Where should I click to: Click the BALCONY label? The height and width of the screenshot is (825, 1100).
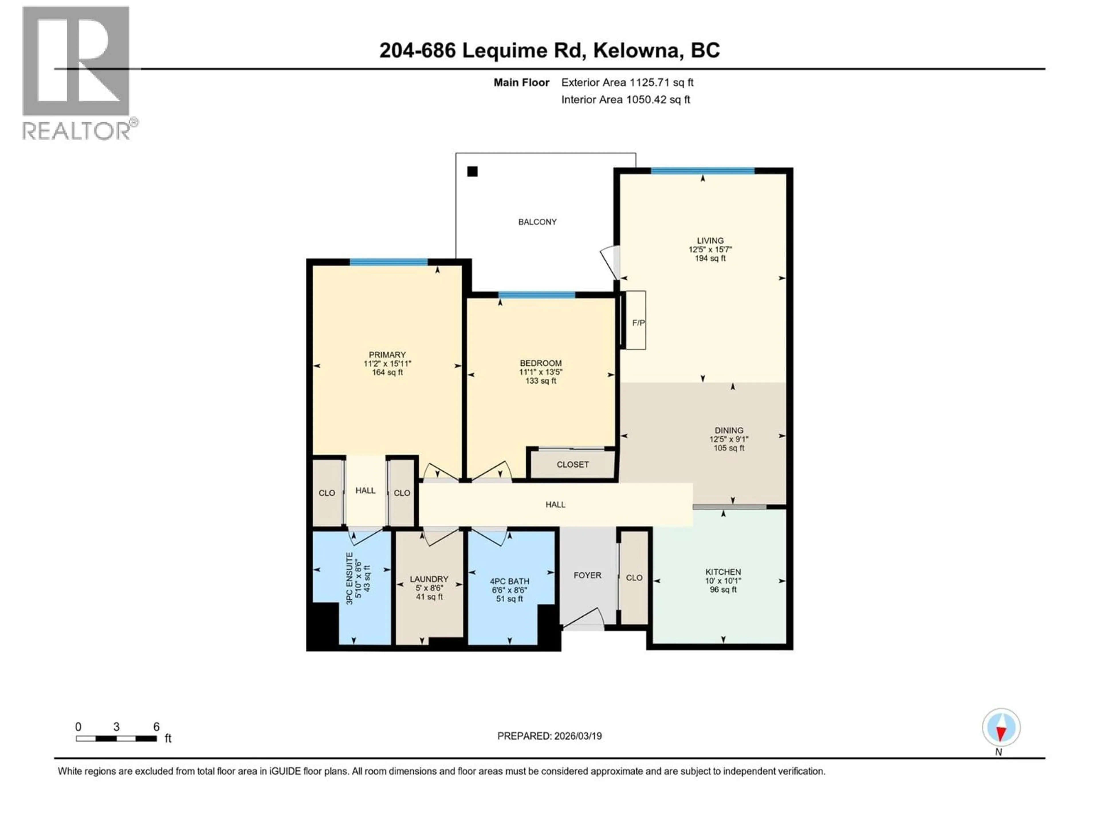point(537,222)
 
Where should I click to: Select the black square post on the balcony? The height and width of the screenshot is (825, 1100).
point(472,172)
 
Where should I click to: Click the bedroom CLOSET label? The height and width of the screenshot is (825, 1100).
point(572,464)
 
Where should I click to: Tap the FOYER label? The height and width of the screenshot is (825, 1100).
point(587,575)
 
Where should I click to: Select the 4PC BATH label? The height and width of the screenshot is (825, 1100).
point(509,581)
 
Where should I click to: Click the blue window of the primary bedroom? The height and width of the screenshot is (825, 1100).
point(388,262)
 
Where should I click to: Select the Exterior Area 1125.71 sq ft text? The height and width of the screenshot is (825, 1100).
point(627,82)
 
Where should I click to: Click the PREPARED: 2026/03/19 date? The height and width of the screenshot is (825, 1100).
point(549,736)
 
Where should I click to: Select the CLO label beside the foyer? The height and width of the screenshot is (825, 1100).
point(634,578)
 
